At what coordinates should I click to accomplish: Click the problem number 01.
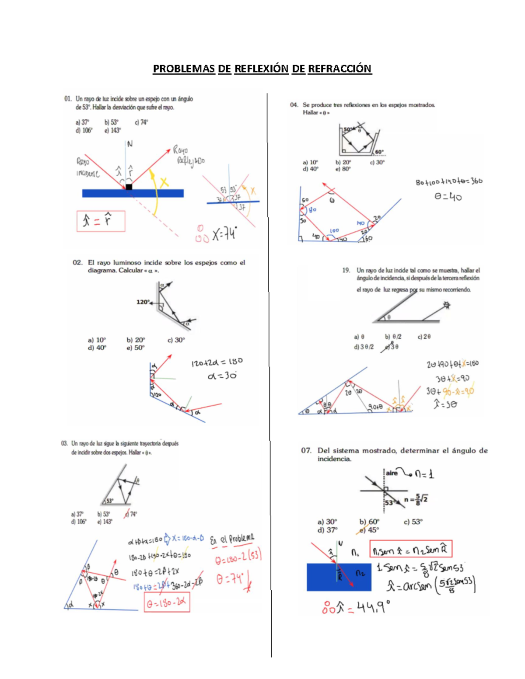(68, 99)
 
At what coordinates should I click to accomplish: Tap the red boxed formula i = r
(101, 221)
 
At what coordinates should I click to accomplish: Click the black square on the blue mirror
(129, 187)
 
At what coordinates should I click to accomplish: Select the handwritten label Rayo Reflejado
(188, 155)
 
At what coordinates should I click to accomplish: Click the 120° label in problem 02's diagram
(143, 302)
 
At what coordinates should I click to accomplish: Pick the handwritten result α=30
(222, 376)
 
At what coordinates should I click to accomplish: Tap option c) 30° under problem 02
(176, 340)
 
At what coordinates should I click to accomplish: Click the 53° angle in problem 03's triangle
(109, 501)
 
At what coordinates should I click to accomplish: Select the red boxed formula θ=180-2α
(167, 603)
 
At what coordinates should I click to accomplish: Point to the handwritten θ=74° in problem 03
(231, 579)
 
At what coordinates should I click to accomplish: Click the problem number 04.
(294, 105)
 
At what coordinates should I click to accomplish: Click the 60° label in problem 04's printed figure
(379, 152)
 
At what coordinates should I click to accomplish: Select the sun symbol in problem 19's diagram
(446, 305)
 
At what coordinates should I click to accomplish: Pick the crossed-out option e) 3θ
(392, 347)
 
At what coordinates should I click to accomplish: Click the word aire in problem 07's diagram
(392, 473)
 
